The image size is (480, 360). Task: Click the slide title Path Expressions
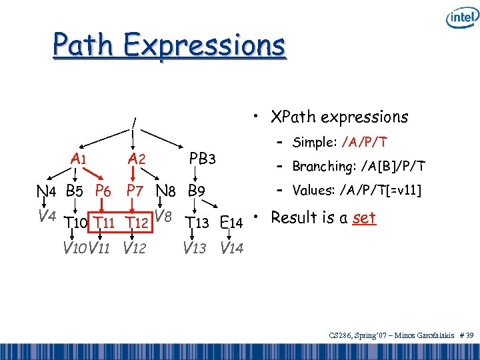tap(169, 45)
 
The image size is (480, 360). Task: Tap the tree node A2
tap(137, 159)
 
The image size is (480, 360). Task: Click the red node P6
tap(103, 191)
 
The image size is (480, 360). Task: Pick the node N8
tap(167, 191)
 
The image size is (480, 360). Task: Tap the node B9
tap(197, 191)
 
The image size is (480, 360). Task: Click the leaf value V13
tap(195, 249)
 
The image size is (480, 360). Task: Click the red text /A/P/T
tap(365, 142)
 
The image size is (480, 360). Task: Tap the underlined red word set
tap(365, 218)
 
